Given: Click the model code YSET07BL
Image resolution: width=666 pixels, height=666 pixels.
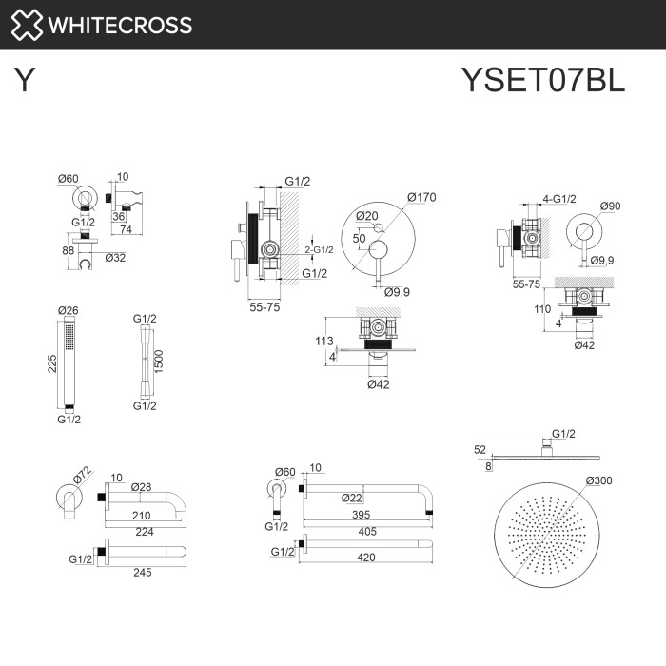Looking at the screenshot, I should pyautogui.click(x=542, y=80).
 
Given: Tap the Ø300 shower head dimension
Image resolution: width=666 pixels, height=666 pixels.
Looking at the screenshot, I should pyautogui.click(x=598, y=480).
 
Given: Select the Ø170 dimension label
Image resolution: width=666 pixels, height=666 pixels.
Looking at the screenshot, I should pyautogui.click(x=421, y=197).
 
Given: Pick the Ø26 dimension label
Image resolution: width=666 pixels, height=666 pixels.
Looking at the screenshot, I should pyautogui.click(x=68, y=310).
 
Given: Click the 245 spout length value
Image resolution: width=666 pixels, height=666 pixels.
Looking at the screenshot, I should pyautogui.click(x=142, y=573).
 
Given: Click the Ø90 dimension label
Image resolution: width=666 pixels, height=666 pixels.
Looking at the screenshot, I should pyautogui.click(x=611, y=206).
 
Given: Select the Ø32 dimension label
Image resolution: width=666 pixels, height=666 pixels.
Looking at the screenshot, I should pyautogui.click(x=116, y=258).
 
